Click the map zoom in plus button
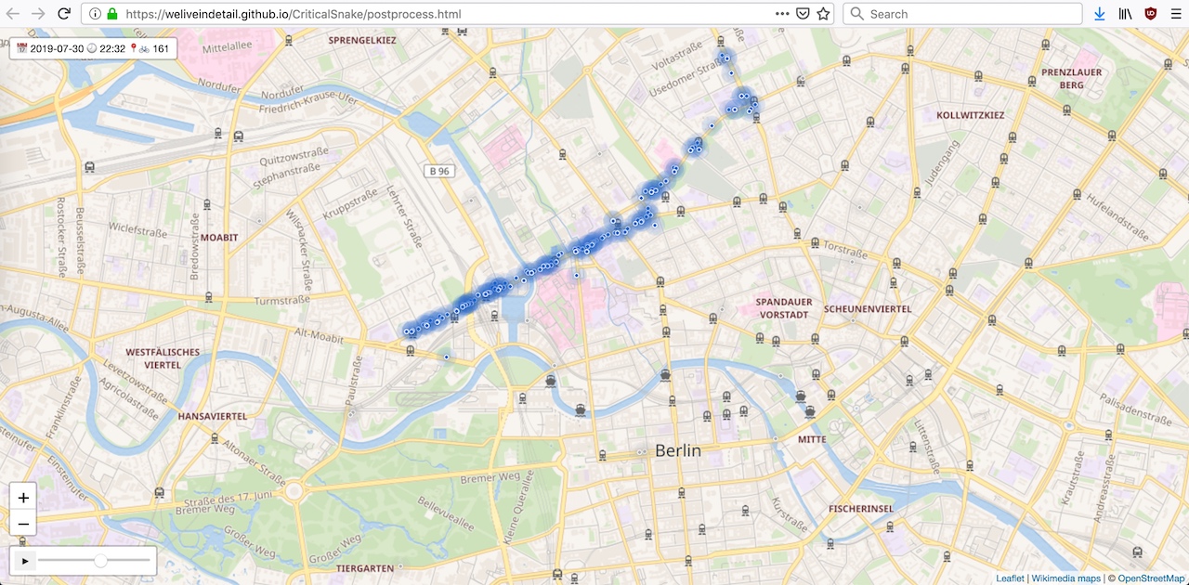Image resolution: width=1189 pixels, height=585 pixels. [x=23, y=498]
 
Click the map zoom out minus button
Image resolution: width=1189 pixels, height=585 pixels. [x=23, y=525]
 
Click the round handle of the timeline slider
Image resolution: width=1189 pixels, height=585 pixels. [x=100, y=561]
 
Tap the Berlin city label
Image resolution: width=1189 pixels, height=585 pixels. [x=678, y=450]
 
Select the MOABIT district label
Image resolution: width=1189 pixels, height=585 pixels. [x=219, y=238]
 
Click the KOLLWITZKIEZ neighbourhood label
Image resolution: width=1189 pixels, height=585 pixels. [x=971, y=115]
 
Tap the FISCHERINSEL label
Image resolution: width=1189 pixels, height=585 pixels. [x=860, y=509]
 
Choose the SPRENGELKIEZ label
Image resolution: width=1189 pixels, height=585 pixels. [x=362, y=41]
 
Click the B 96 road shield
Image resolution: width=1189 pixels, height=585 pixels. [x=439, y=171]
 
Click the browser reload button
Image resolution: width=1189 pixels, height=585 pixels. [x=64, y=14]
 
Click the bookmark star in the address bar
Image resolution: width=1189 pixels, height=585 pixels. [x=823, y=14]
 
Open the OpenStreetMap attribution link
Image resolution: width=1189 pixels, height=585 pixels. [x=1151, y=578]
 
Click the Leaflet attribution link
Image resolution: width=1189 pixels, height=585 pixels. [x=1010, y=578]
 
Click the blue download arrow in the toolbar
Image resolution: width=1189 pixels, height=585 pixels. [x=1100, y=14]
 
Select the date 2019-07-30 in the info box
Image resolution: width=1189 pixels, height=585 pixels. [x=56, y=48]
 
